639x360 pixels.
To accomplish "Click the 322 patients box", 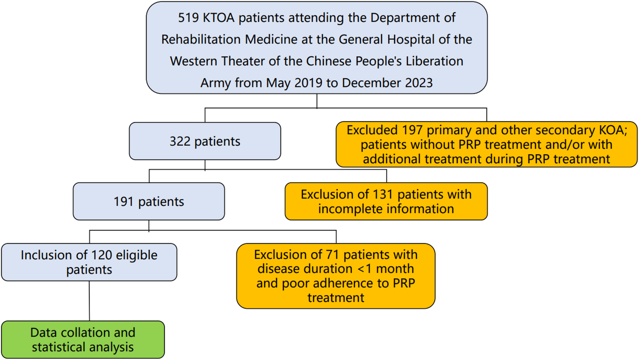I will pos(205,141).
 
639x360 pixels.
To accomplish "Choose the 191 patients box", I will pos(149,202).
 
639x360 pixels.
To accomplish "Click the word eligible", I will pos(137,255).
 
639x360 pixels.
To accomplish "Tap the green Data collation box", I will pos(83,340).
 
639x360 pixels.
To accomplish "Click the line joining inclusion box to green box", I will pos(89,301).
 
